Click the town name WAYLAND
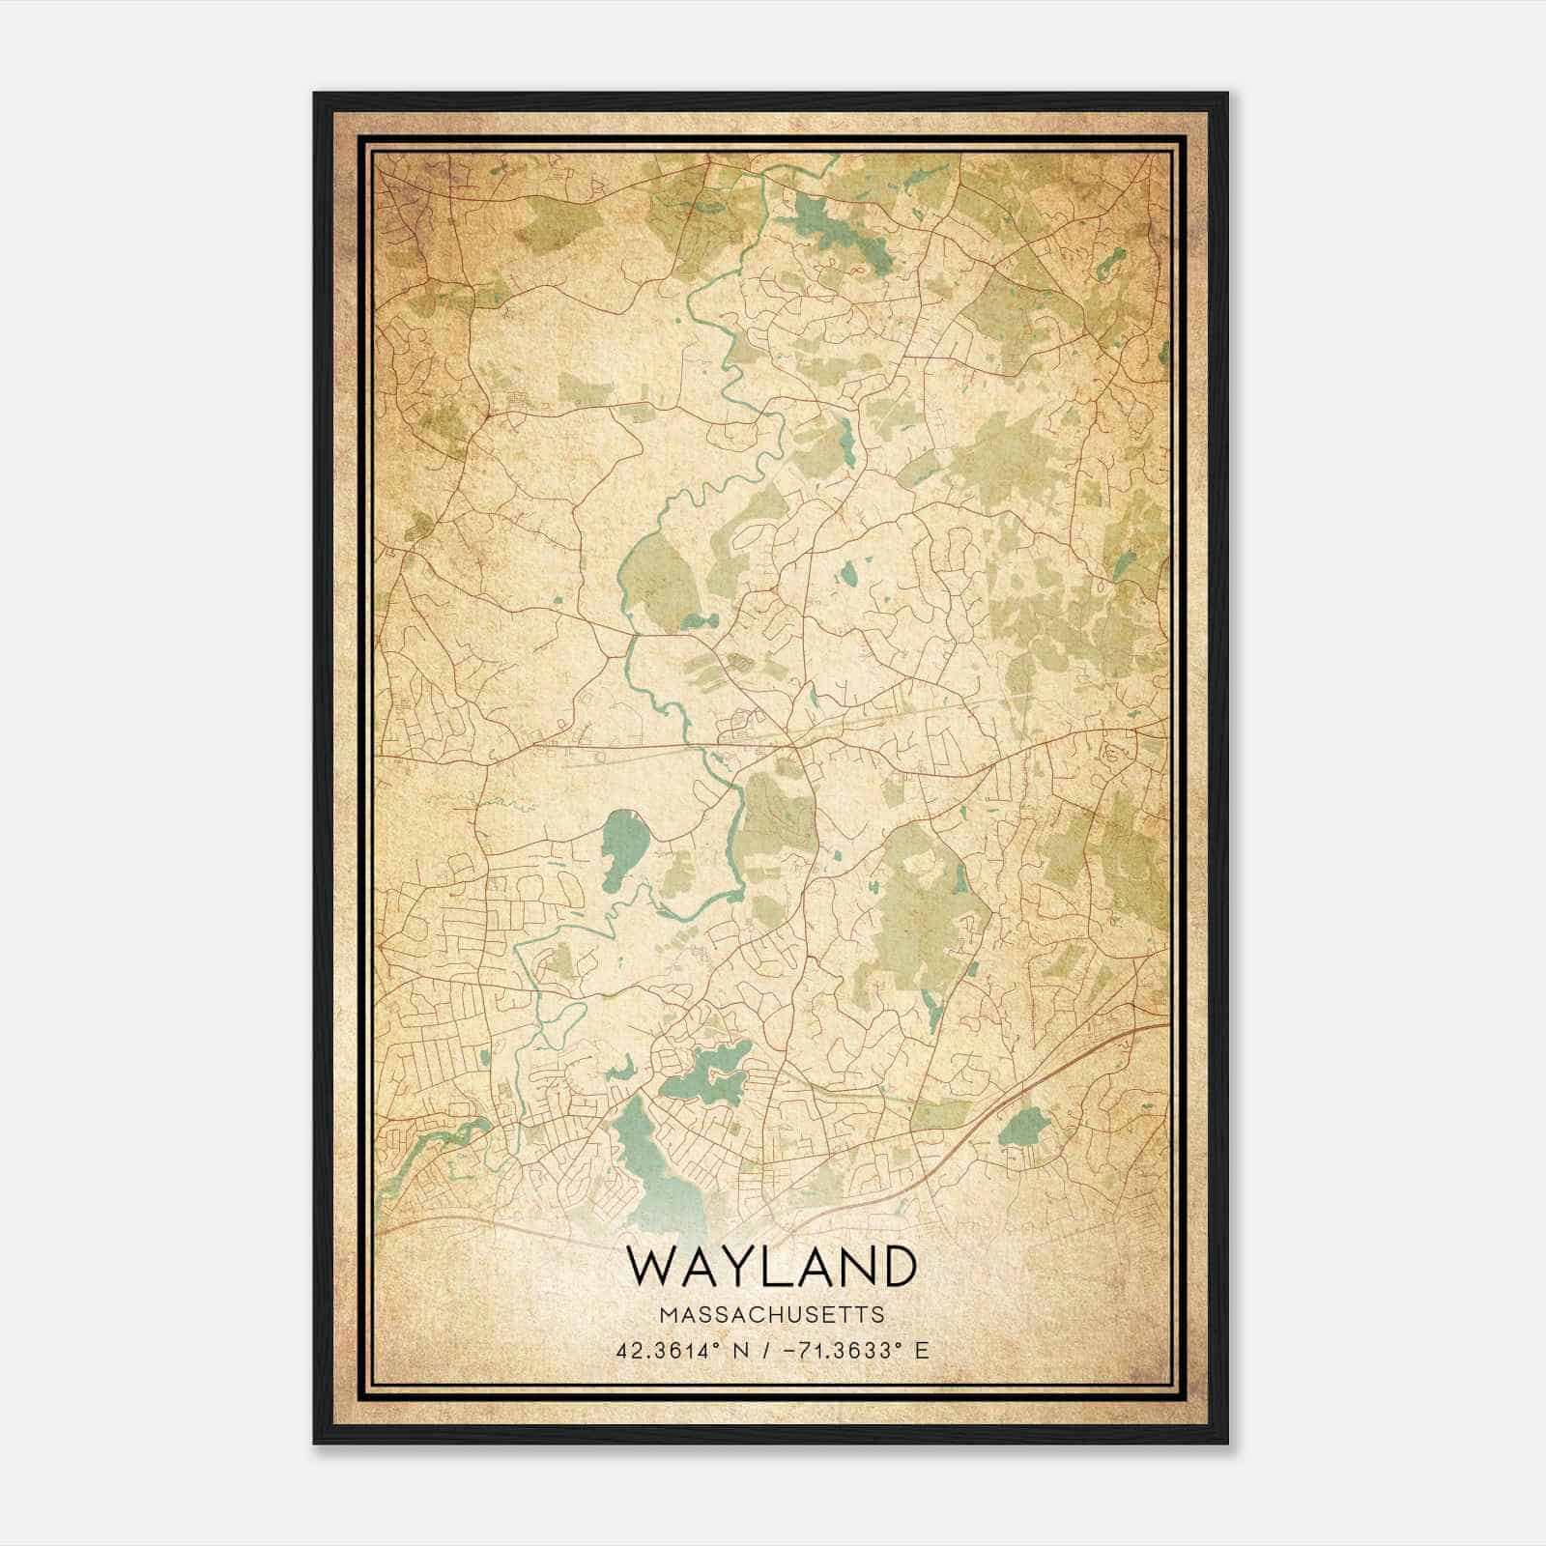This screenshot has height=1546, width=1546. click(x=771, y=1267)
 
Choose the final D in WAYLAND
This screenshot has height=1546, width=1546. click(x=897, y=1267)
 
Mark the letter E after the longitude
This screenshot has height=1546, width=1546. click(x=922, y=1350)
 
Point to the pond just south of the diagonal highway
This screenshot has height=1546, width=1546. click(x=1023, y=1126)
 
